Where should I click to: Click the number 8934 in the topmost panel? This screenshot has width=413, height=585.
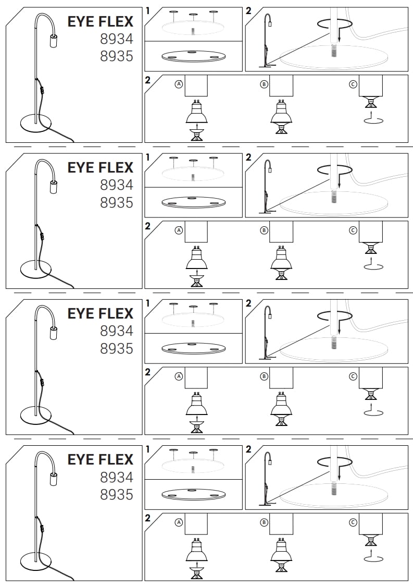pos(117,39)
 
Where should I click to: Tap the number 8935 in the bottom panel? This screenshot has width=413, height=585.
pos(117,494)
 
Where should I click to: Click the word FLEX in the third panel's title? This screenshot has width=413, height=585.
pos(118,314)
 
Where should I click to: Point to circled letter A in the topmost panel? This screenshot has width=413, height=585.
pos(179,84)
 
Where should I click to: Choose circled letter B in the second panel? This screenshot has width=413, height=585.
pos(264,230)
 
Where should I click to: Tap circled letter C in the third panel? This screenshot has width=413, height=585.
pos(353,376)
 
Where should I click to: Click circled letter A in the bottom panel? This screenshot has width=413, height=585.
pos(179,522)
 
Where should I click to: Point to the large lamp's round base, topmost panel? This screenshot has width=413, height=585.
pos(36,123)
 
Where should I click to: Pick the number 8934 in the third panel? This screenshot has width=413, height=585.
pos(117,331)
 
